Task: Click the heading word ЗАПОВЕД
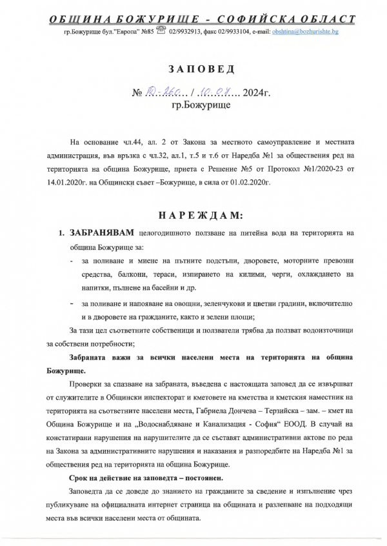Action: pos(193,68)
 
